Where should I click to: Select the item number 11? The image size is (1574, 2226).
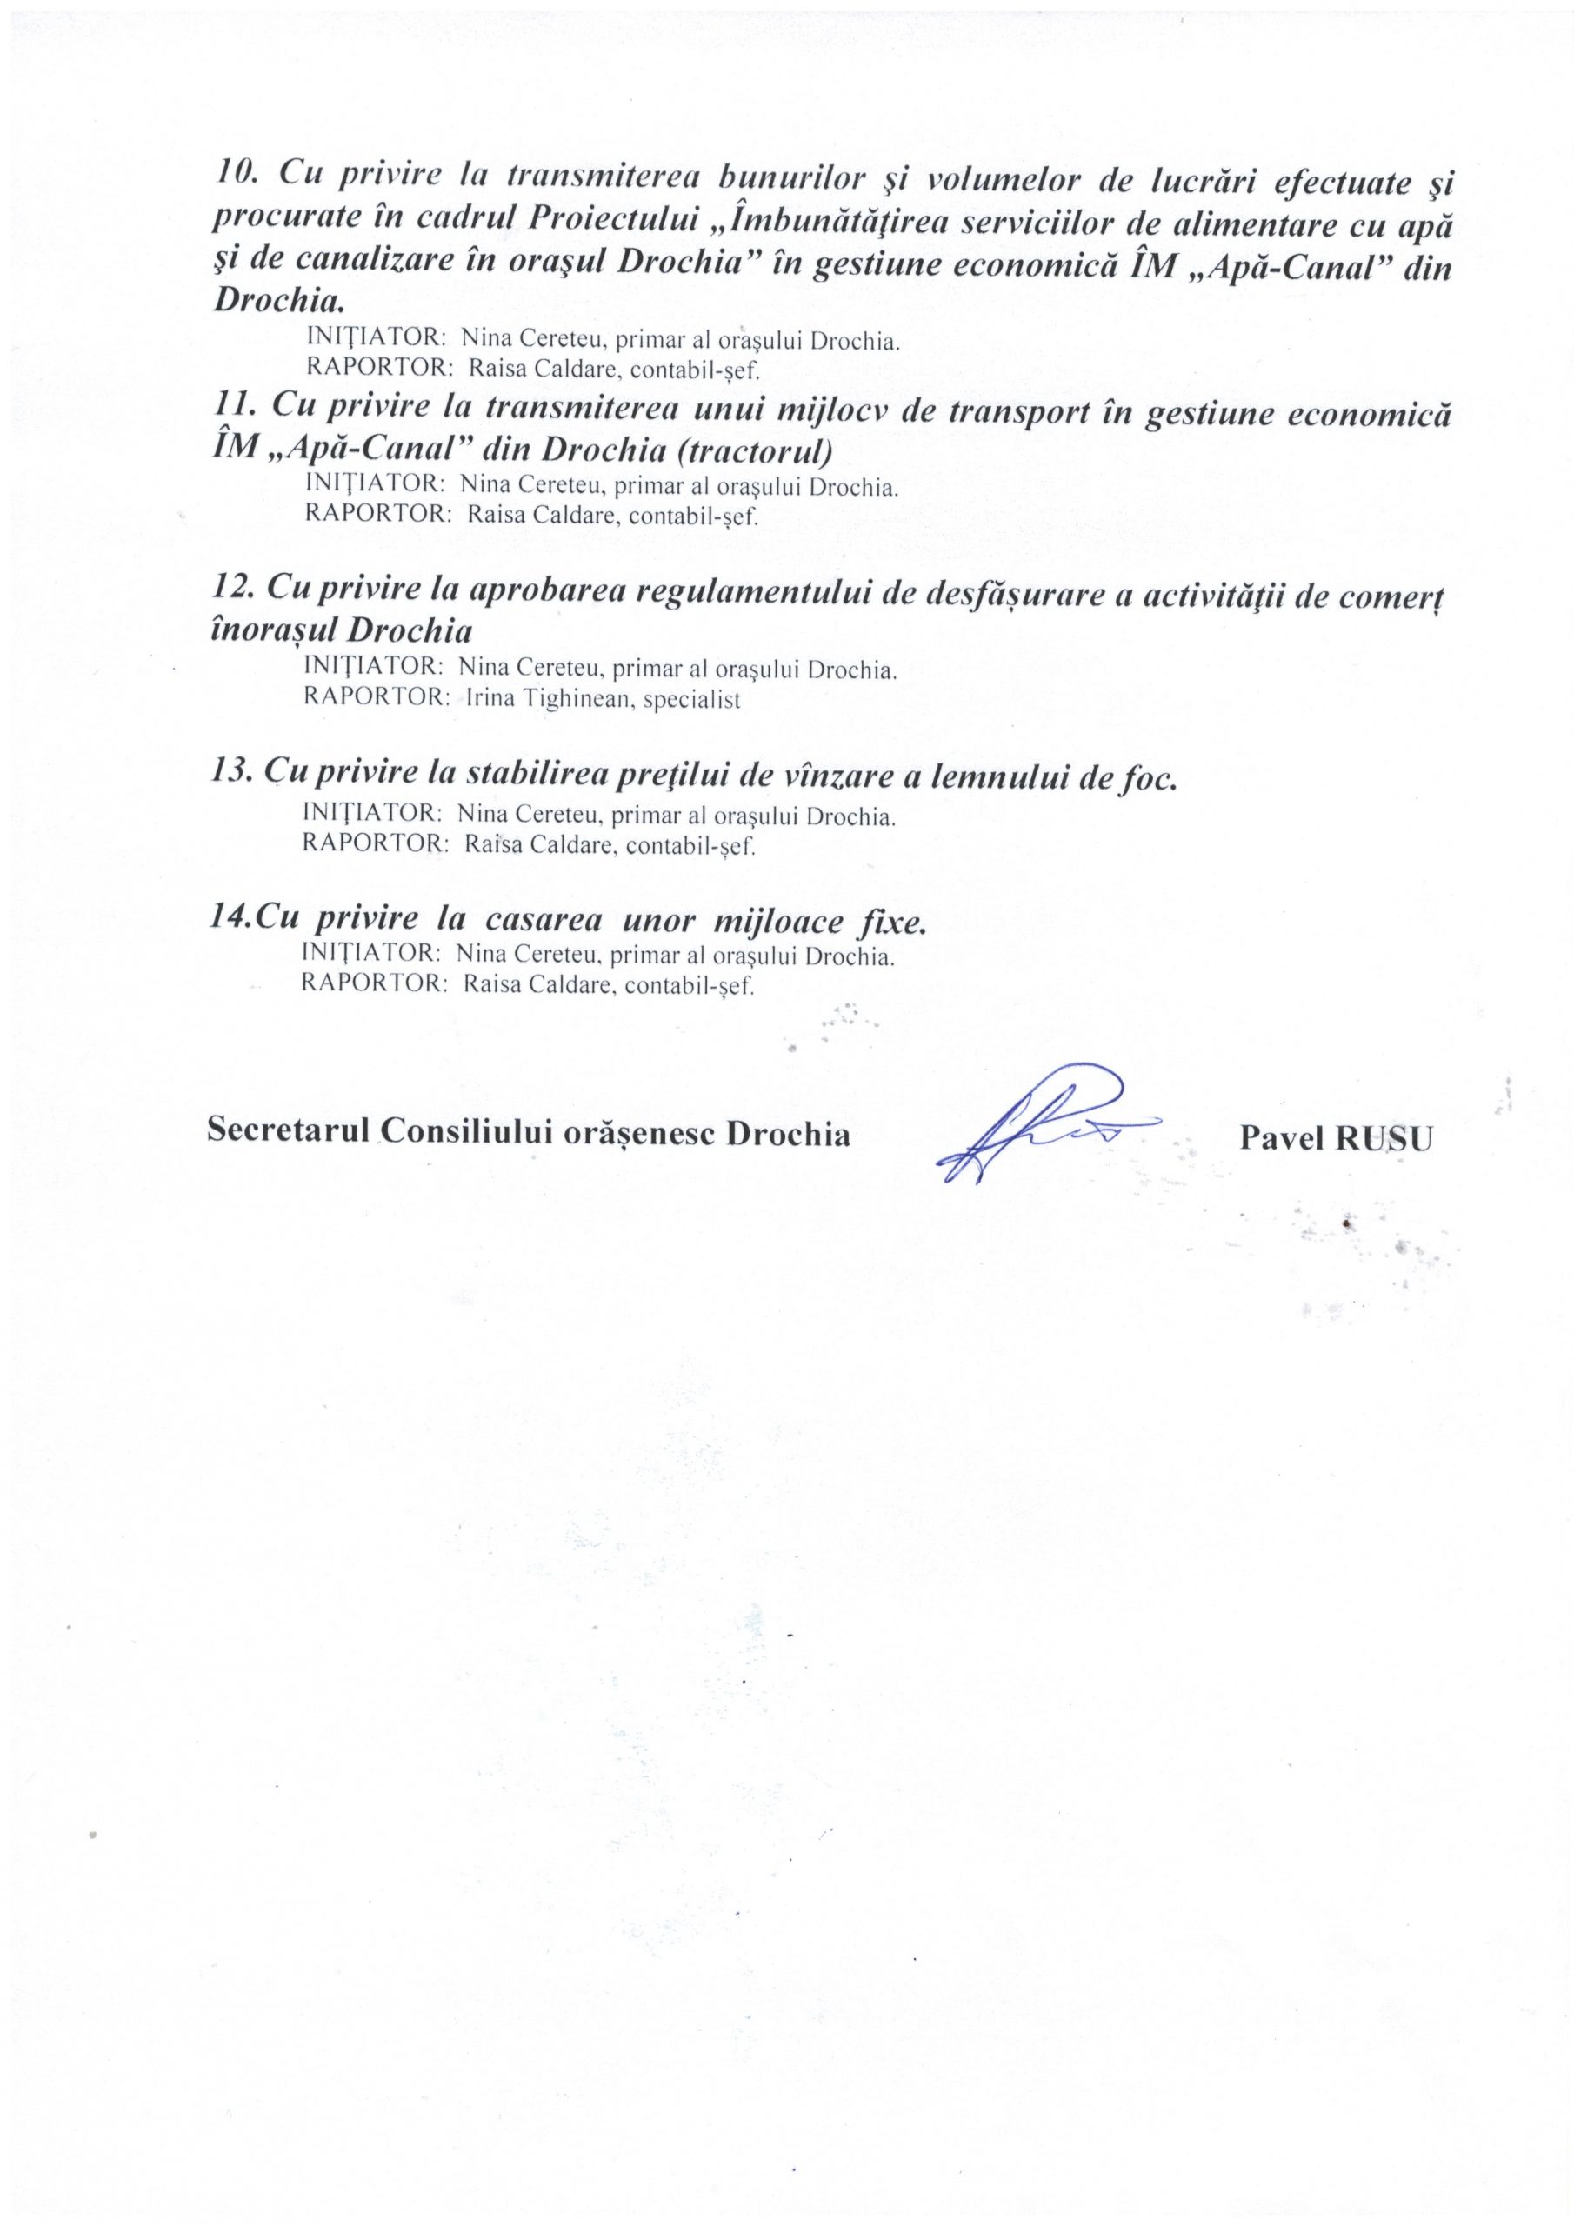(230, 408)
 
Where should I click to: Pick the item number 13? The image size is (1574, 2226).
(230, 775)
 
